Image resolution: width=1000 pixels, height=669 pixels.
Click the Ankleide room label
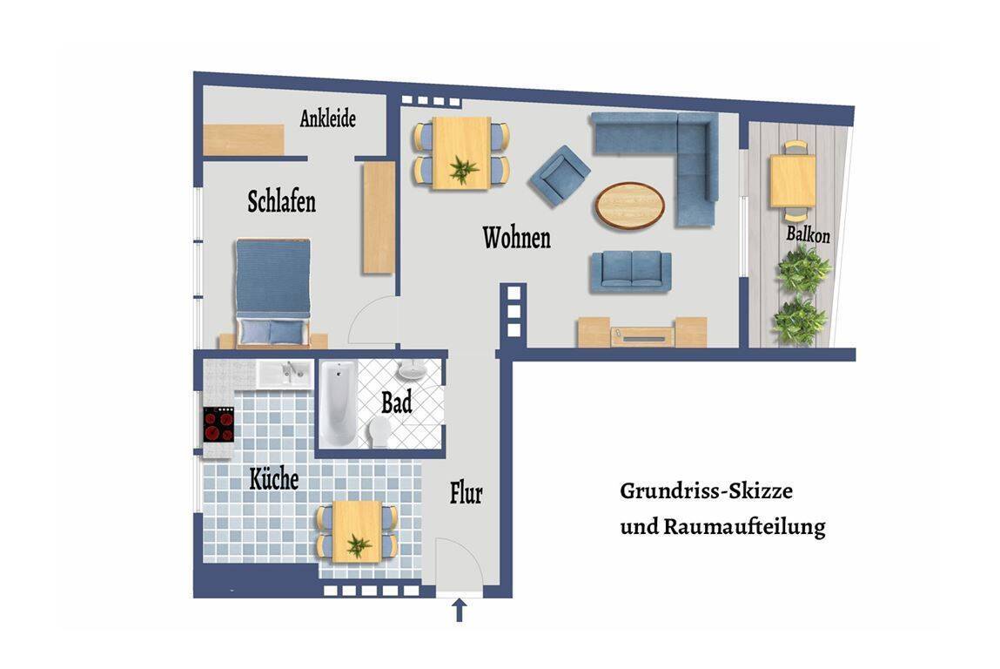pyautogui.click(x=328, y=118)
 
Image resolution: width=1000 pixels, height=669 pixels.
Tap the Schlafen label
pyautogui.click(x=281, y=202)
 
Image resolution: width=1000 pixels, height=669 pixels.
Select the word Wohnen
pyautogui.click(x=516, y=238)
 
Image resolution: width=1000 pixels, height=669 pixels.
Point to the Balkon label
pyautogui.click(x=808, y=234)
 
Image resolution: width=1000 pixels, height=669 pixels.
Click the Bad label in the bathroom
pyautogui.click(x=396, y=403)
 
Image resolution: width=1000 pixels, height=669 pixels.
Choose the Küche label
pyautogui.click(x=274, y=479)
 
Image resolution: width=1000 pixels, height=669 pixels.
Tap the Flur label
pyautogui.click(x=466, y=494)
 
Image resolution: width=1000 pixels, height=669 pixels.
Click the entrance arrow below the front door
pyautogui.click(x=459, y=610)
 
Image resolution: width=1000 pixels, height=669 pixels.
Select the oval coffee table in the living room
pyautogui.click(x=629, y=206)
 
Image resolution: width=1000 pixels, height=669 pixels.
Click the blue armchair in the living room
pyautogui.click(x=559, y=175)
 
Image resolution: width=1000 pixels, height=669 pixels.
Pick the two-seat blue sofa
pyautogui.click(x=631, y=271)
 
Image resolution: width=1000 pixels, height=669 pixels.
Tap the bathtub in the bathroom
pyautogui.click(x=336, y=405)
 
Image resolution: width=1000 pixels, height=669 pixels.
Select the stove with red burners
pyautogui.click(x=218, y=425)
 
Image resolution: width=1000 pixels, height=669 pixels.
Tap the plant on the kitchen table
pyautogui.click(x=357, y=545)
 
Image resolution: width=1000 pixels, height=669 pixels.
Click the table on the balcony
pyautogui.click(x=792, y=181)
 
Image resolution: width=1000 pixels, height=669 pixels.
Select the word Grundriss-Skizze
pyautogui.click(x=706, y=491)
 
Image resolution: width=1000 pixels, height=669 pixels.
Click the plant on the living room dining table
pyautogui.click(x=463, y=168)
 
